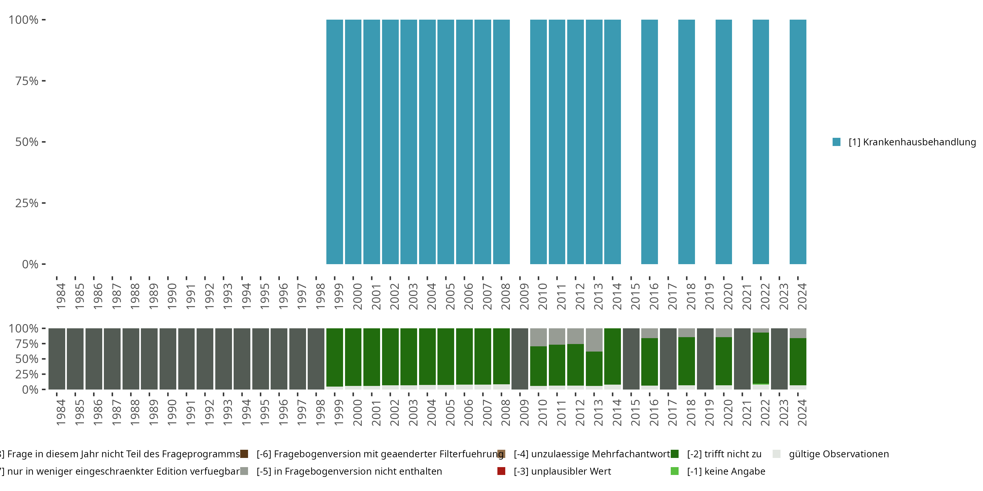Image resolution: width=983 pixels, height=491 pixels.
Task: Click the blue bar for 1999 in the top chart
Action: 334,142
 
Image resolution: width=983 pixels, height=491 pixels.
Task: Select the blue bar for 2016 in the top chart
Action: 649,142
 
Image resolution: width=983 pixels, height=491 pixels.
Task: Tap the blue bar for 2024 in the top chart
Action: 798,142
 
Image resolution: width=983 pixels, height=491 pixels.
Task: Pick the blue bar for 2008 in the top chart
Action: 501,142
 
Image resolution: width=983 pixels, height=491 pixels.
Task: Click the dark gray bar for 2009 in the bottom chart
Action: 520,359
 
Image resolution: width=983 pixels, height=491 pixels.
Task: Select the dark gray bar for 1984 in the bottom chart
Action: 57,359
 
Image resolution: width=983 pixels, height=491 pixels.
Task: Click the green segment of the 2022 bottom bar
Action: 761,358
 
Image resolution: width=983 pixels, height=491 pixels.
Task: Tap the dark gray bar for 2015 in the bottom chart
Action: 631,359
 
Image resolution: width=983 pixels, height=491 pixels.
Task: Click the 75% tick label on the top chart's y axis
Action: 27,81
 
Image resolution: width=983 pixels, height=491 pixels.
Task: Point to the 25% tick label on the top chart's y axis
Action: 27,203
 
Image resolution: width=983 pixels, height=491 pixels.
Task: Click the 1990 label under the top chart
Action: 172,296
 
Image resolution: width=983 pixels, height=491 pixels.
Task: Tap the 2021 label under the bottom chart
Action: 746,412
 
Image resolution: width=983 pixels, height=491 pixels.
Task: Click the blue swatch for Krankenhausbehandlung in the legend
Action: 837,142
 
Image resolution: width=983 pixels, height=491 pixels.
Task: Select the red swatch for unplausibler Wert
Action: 501,471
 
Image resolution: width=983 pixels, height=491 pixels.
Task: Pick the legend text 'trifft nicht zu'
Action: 724,454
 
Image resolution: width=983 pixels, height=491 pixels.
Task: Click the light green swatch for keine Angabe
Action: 675,471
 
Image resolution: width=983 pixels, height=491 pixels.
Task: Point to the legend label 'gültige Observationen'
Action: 839,454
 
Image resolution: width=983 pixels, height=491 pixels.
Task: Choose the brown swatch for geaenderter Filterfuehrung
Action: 244,454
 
